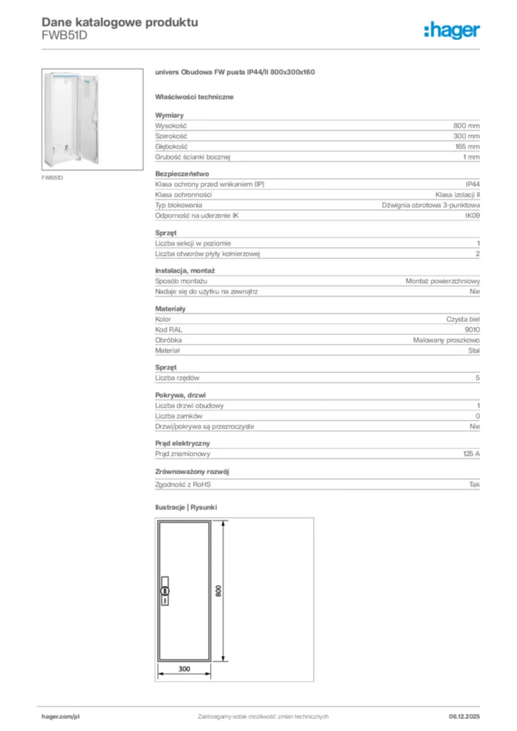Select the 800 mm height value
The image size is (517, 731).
[x=466, y=125]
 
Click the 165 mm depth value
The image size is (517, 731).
[x=467, y=146]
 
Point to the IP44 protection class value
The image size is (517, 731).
[x=472, y=184]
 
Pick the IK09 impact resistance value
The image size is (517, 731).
[x=472, y=215]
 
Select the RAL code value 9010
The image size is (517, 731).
[x=472, y=330]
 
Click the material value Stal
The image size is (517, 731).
[x=473, y=351]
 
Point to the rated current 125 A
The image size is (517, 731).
[x=471, y=453]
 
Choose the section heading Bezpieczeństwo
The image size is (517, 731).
[x=182, y=173]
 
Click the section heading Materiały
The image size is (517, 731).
[x=171, y=308]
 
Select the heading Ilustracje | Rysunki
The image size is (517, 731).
[x=186, y=507]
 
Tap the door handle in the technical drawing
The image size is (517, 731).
[x=166, y=590]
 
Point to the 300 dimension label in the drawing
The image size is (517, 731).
[x=184, y=669]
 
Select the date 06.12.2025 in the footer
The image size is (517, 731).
[x=463, y=716]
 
